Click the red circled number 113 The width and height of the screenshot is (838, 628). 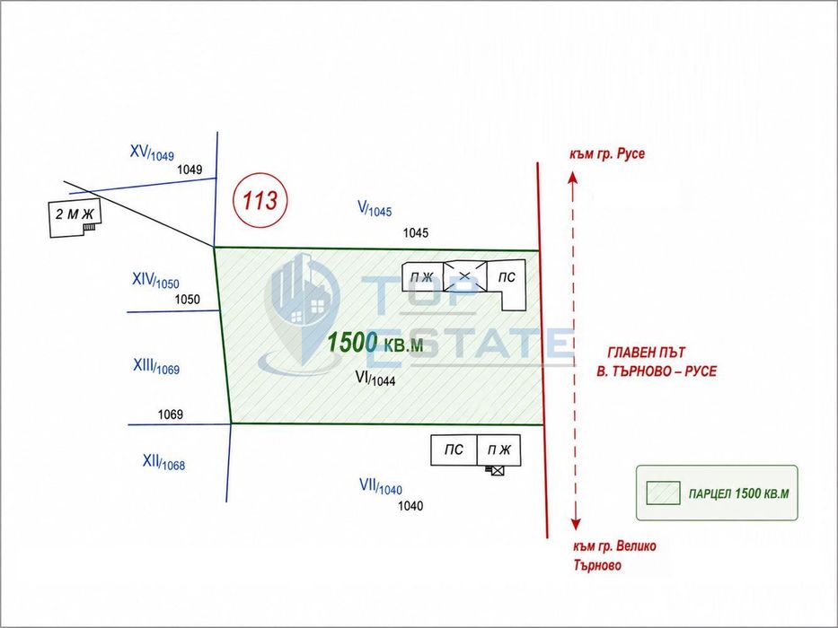tap(260, 200)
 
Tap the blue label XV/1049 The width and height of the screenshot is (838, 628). tap(152, 153)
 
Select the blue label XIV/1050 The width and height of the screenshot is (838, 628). tap(155, 281)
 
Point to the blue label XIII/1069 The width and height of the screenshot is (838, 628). tap(156, 367)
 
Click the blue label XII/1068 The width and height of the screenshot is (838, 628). tap(163, 462)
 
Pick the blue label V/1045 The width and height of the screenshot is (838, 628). tap(375, 209)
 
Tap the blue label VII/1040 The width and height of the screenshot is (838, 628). tap(381, 486)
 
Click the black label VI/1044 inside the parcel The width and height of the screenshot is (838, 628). tap(375, 379)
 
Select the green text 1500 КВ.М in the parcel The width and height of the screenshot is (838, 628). tap(375, 343)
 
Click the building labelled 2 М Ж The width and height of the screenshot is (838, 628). tap(75, 219)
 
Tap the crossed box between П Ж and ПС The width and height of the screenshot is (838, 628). tap(465, 276)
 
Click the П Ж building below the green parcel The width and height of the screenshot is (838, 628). tap(498, 450)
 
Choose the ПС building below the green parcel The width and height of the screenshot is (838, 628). tap(454, 450)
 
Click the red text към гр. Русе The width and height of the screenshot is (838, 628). tap(607, 154)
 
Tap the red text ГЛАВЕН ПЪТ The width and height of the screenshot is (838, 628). tap(646, 353)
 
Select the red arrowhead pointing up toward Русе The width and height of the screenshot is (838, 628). tap(572, 178)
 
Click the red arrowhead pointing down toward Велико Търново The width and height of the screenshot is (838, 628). tap(576, 524)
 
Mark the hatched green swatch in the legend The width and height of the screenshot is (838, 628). tap(663, 493)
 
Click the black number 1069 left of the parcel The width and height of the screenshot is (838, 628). tap(171, 414)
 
